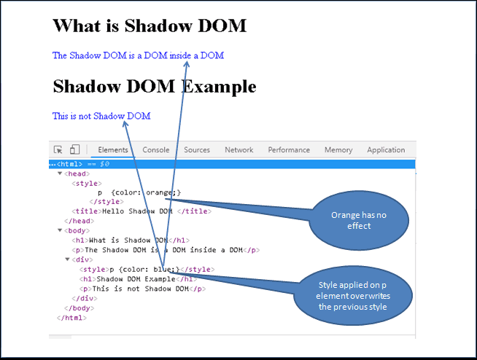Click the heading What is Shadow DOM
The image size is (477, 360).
click(150, 26)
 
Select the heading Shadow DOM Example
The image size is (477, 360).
click(155, 86)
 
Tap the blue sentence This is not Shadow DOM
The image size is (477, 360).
click(101, 116)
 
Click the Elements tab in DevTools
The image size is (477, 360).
click(113, 150)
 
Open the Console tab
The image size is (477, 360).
click(156, 150)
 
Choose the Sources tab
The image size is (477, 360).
click(197, 150)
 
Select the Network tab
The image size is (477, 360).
click(238, 150)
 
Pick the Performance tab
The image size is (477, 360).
click(289, 150)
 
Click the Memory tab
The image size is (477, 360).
click(338, 150)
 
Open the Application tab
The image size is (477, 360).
click(386, 150)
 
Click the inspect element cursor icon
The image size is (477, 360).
click(58, 149)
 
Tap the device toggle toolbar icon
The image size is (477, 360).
click(74, 149)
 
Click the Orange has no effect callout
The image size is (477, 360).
click(359, 220)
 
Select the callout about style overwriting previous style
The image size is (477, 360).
click(353, 296)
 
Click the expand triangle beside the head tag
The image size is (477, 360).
click(60, 173)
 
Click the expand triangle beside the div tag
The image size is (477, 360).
click(68, 259)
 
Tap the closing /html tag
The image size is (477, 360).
click(71, 318)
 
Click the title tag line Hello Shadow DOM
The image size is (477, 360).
click(141, 211)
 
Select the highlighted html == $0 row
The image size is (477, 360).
click(232, 164)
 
